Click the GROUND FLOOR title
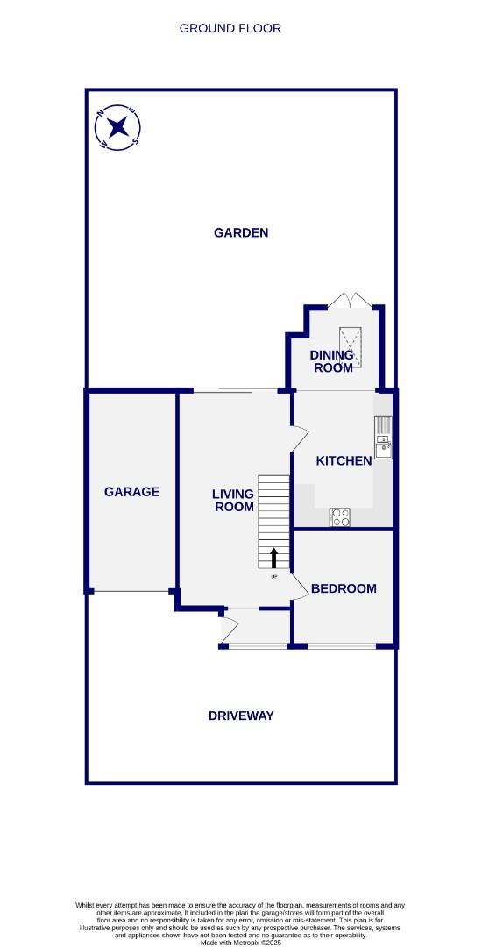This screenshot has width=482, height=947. coord(230,28)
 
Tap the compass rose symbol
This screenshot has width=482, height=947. coord(117,128)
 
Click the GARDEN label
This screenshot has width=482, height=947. coord(241,232)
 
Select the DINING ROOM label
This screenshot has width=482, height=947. coord(332,361)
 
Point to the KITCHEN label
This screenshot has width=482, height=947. coord(344,460)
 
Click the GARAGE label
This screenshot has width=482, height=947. coord(131,492)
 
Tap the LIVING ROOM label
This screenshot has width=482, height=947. coord(233,501)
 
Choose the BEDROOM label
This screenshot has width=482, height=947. coord(344,588)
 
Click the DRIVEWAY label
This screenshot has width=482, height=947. coord(241,716)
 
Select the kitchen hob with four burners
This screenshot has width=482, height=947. coord(340,517)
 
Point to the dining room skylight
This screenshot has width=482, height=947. coord(353,343)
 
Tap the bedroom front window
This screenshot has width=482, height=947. coord(342,647)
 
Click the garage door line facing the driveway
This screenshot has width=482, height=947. coord(132,592)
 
